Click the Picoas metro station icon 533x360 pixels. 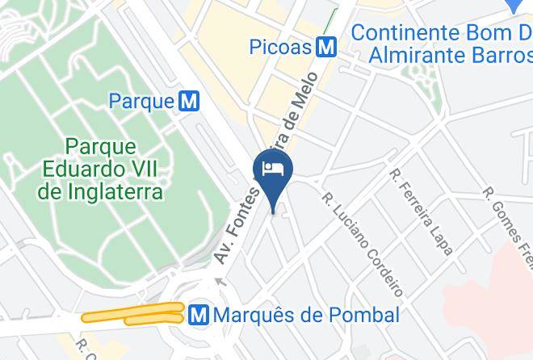[x=327, y=47]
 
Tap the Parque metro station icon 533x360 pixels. [x=190, y=101]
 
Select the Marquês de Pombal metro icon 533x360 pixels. [x=198, y=314]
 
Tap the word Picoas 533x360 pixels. [x=280, y=47]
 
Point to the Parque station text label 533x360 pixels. [x=141, y=101]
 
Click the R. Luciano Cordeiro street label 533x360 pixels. [x=362, y=242]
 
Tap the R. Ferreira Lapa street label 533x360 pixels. [x=420, y=211]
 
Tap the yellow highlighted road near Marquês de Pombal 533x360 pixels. [x=133, y=316]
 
